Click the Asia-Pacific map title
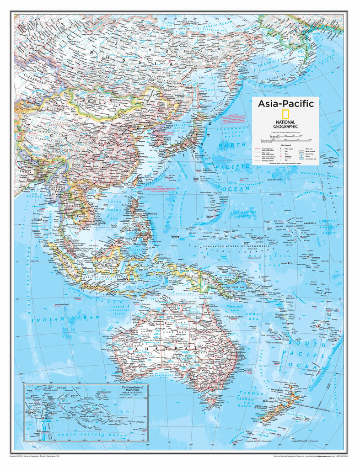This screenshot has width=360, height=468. [x=285, y=104]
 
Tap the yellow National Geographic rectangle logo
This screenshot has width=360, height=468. [x=285, y=115]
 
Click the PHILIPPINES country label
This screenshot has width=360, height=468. [x=150, y=213]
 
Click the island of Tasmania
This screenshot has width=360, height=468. [x=209, y=402]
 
